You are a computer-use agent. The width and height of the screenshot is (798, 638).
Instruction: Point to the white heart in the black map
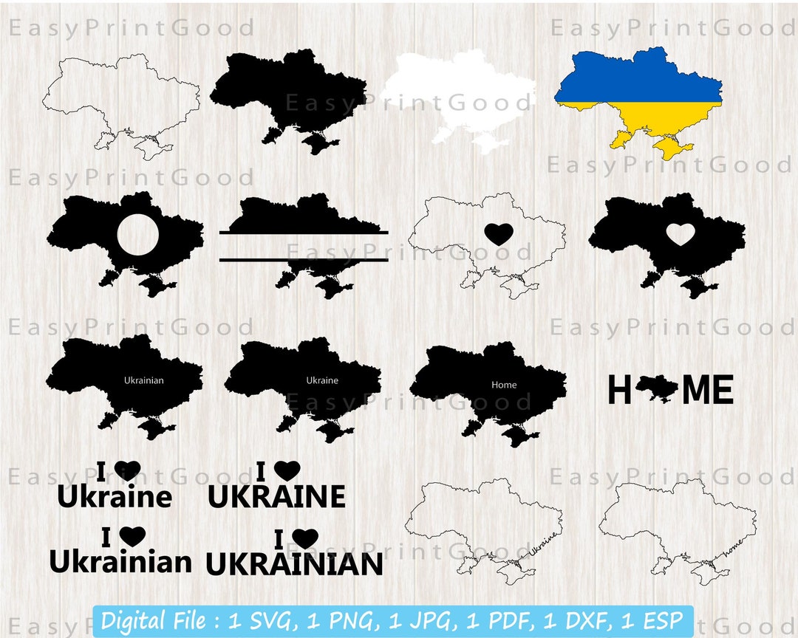click(x=680, y=234)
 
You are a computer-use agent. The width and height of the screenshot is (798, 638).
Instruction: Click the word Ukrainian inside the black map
click(x=144, y=381)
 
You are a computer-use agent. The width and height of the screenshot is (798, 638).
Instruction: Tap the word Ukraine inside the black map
click(x=322, y=381)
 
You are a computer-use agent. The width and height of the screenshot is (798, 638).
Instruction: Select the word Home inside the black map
click(x=504, y=385)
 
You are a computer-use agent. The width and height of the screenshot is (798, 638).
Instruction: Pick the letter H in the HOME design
click(x=619, y=390)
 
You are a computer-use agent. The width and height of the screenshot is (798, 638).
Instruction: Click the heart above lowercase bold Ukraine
click(x=127, y=471)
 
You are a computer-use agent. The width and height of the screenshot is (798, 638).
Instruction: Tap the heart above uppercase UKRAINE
click(x=287, y=471)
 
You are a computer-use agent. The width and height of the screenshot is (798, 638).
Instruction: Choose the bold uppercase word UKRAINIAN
click(x=294, y=565)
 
